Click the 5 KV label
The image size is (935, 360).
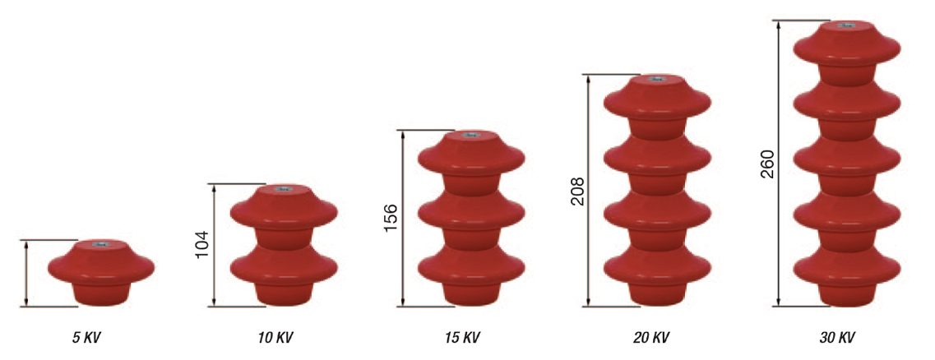pyautogui.click(x=86, y=338)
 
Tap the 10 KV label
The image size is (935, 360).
pyautogui.click(x=275, y=338)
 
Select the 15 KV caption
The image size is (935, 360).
pyautogui.click(x=463, y=338)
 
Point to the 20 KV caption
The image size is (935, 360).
pyautogui.click(x=650, y=338)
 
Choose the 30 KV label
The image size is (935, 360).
pyautogui.click(x=838, y=338)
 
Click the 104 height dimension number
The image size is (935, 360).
pyautogui.click(x=203, y=245)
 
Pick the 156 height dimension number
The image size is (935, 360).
pyautogui.click(x=392, y=218)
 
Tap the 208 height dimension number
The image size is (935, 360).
pyautogui.click(x=578, y=191)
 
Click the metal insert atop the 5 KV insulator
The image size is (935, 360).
pyautogui.click(x=100, y=243)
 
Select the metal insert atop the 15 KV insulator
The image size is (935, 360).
pyautogui.click(x=471, y=134)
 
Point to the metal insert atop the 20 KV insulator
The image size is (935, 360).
pyautogui.click(x=658, y=80)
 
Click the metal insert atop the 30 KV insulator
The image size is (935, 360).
pyautogui.click(x=845, y=25)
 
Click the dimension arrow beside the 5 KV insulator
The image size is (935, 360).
pyautogui.click(x=26, y=274)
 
